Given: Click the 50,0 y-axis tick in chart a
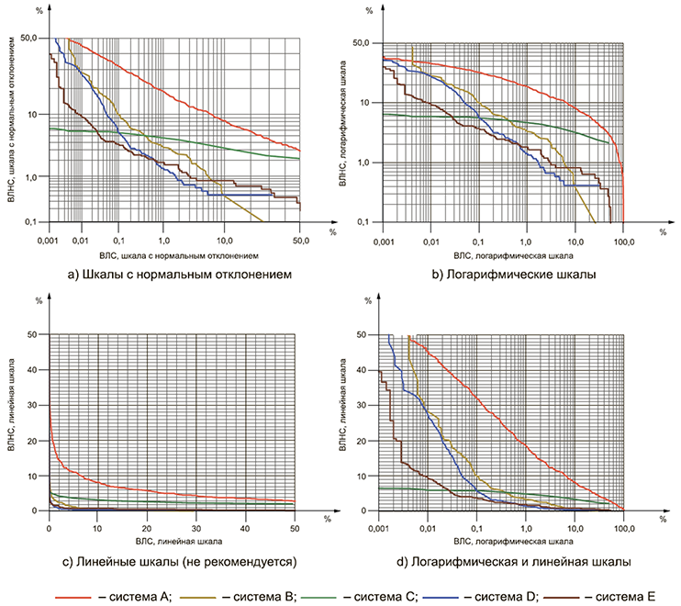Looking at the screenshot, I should pyautogui.click(x=28, y=39).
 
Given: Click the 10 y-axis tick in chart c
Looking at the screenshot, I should pyautogui.click(x=37, y=476).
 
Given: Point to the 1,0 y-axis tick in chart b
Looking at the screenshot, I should pyautogui.click(x=363, y=163).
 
